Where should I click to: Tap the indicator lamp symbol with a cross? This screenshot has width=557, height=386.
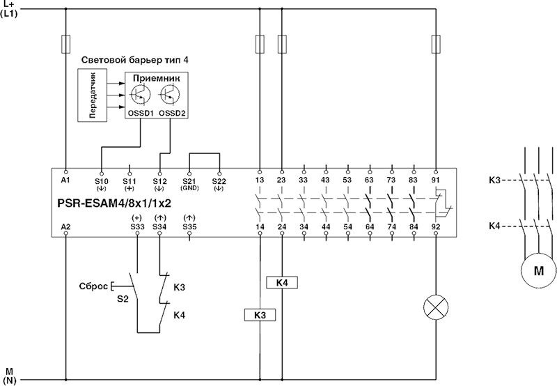pos(437,306)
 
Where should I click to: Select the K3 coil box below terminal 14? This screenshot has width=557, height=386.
pos(260,315)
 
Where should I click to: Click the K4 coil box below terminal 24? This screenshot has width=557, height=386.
pos(282,282)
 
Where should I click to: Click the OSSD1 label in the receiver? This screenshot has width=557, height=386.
pos(140,112)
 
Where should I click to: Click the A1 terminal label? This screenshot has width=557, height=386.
pos(65,180)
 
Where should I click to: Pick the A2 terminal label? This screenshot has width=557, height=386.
pos(65,226)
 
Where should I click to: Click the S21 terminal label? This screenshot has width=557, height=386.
pos(190,180)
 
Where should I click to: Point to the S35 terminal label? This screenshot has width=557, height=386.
pos(189,226)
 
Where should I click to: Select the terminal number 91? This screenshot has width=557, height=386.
pos(437,180)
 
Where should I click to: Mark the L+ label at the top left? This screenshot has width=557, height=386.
pos(8,4)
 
